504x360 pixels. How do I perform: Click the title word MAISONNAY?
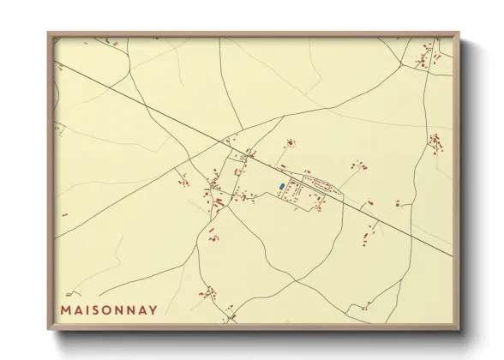tap(109, 310)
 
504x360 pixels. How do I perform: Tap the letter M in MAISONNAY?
tap(66, 310)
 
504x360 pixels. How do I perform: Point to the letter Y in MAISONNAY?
tap(153, 310)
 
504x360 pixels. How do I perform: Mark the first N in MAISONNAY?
tap(119, 310)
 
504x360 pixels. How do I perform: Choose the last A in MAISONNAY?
tap(142, 310)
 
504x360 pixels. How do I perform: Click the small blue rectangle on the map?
tap(281, 186)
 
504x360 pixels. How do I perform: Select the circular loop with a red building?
tap(290, 141)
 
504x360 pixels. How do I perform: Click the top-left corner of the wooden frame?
tap(48, 33)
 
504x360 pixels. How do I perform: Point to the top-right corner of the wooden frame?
tap(459, 33)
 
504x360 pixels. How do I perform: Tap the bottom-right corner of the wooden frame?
tap(459, 329)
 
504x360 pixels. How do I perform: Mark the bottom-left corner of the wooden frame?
tap(48, 329)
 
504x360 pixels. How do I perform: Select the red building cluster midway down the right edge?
tap(436, 141)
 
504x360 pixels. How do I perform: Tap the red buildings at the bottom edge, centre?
tap(230, 320)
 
